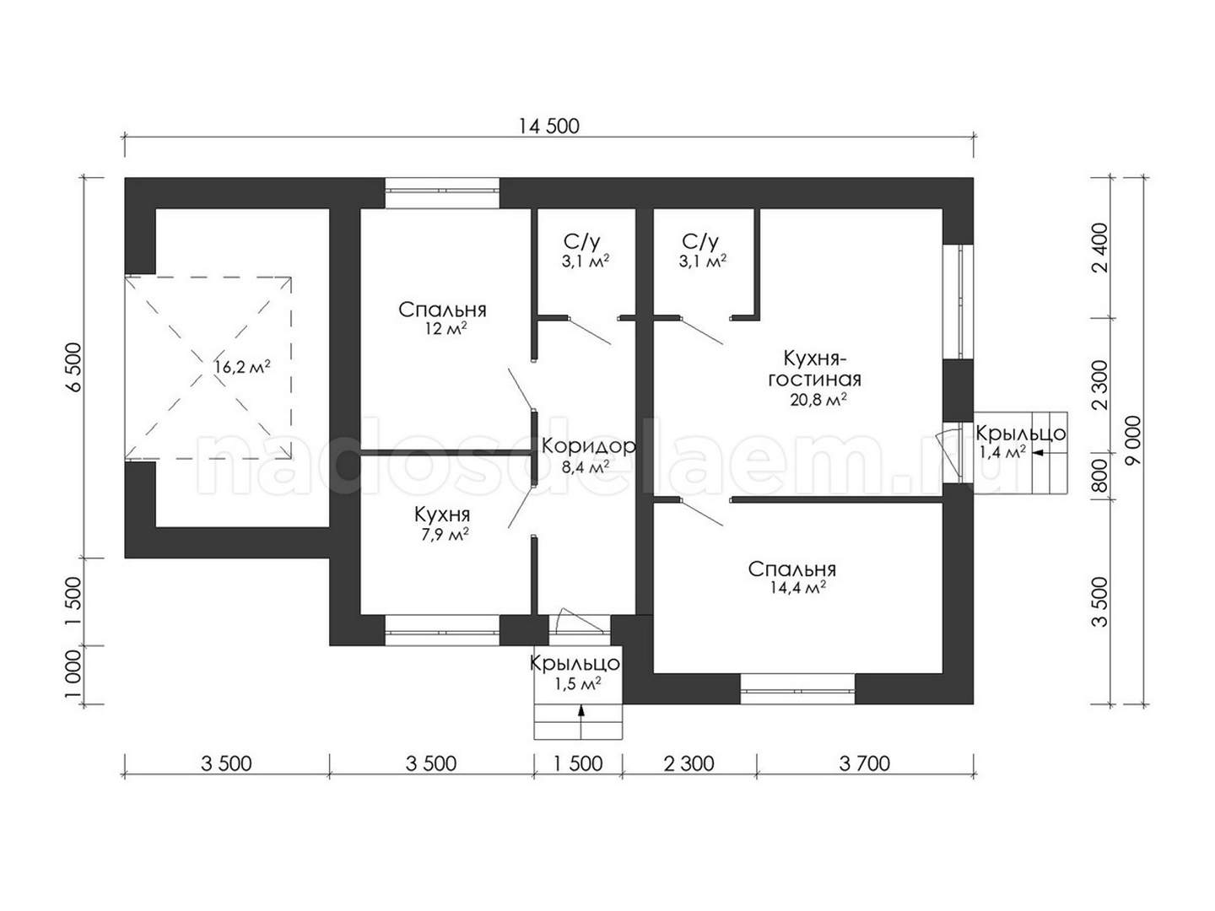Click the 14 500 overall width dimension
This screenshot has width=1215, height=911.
(x=548, y=127)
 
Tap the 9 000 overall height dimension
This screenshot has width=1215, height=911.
(x=1134, y=448)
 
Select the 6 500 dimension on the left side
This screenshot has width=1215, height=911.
(x=73, y=367)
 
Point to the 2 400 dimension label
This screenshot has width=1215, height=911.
(x=1101, y=248)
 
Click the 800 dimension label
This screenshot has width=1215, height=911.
(x=1101, y=477)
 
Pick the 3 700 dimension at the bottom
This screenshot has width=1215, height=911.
(x=864, y=764)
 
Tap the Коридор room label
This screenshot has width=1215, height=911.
(x=588, y=446)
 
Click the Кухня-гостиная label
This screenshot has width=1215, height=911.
(x=814, y=369)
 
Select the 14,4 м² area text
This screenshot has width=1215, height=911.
(x=797, y=587)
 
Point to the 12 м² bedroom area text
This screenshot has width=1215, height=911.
(x=445, y=329)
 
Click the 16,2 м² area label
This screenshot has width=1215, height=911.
(x=242, y=366)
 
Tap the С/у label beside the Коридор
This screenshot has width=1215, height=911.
(x=582, y=242)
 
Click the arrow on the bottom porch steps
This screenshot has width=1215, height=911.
(x=581, y=720)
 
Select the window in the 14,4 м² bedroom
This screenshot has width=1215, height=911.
(x=797, y=689)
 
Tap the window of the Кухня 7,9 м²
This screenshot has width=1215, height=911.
(x=442, y=631)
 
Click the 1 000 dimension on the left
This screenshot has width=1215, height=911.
(x=73, y=674)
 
